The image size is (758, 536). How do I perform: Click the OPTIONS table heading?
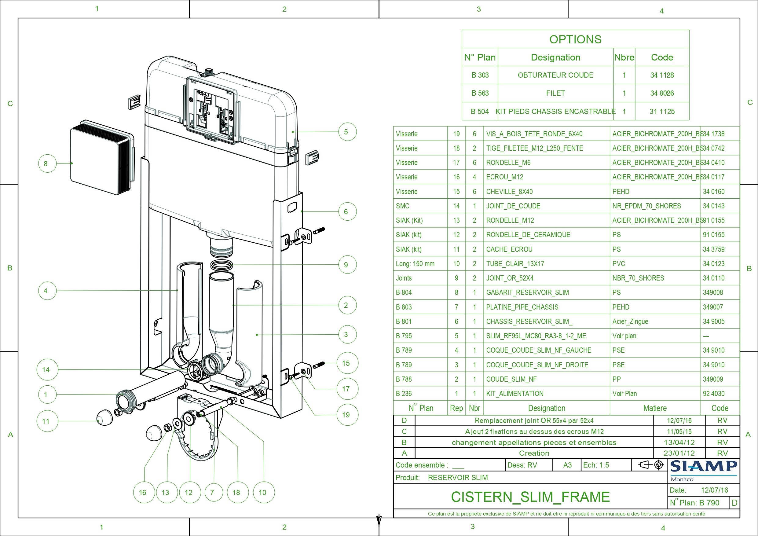tap(575, 39)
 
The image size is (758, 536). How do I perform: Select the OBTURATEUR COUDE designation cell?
tap(555, 75)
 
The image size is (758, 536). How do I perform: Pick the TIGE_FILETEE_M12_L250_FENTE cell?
tap(534, 148)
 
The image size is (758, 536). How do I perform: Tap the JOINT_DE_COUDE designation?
tap(513, 206)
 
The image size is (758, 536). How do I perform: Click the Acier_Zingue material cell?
tap(630, 321)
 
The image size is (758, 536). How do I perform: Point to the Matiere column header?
tap(655, 408)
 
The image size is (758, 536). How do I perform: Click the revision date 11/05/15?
tap(679, 431)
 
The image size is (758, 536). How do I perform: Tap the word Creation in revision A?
tap(534, 453)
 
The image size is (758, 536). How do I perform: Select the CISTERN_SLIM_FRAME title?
tap(530, 497)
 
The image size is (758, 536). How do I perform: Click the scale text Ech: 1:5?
tap(596, 465)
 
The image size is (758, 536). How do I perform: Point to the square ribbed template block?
tap(101, 158)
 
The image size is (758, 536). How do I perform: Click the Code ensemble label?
tap(422, 465)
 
